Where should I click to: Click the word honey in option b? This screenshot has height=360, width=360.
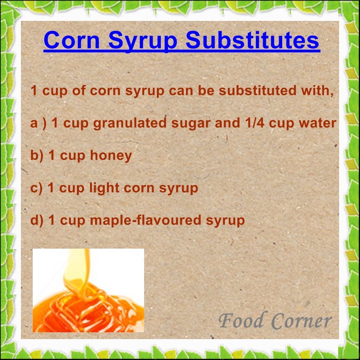point(111,156)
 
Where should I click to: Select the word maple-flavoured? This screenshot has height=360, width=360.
point(141,221)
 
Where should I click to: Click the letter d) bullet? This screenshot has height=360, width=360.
point(37,221)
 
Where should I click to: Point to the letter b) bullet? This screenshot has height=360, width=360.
point(37,156)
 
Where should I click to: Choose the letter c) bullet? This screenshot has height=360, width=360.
point(36,188)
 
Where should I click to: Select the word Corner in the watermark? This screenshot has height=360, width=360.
point(302,321)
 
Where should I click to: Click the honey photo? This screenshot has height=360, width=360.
point(88,290)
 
